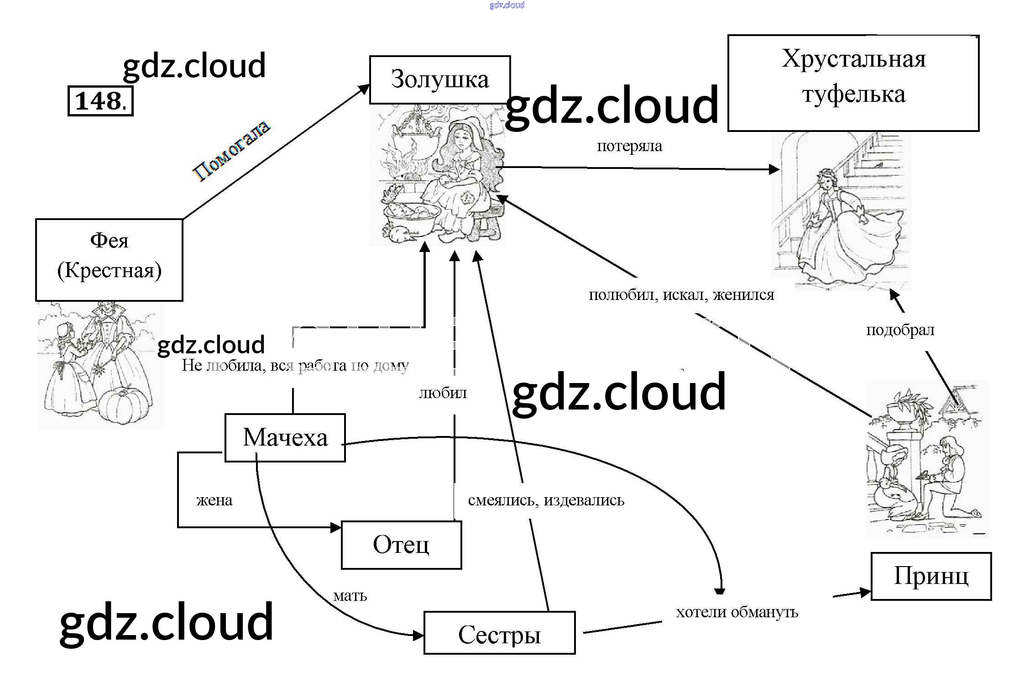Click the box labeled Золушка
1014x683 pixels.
(439, 80)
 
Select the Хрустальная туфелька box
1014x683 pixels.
(853, 83)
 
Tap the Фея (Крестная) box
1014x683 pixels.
(109, 260)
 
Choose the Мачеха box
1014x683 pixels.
(285, 438)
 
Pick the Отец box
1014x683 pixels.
(401, 545)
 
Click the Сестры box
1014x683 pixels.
(499, 633)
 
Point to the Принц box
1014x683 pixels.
(931, 576)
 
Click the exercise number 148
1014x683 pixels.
(100, 101)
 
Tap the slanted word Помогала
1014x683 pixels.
(232, 151)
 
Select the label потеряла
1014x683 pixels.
(629, 146)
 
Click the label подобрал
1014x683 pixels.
(900, 330)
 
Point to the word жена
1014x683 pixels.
(214, 500)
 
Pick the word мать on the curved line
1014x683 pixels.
(350, 596)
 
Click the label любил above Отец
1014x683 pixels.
(443, 393)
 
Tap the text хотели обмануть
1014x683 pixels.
(737, 612)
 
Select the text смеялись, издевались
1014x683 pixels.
(546, 500)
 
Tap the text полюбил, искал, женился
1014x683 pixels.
(681, 295)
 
